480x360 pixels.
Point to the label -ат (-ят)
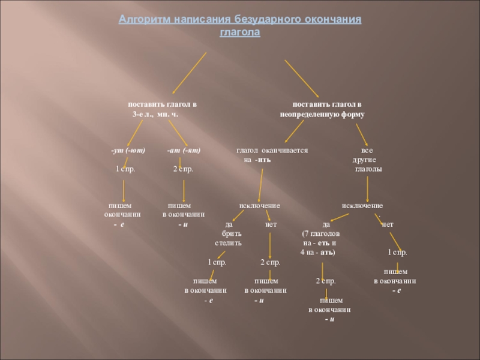click(184, 150)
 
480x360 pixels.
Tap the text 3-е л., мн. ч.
click(155, 114)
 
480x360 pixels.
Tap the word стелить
click(229, 244)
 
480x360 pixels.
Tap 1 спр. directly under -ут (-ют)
click(125, 170)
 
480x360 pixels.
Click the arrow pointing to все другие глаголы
click(361, 132)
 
